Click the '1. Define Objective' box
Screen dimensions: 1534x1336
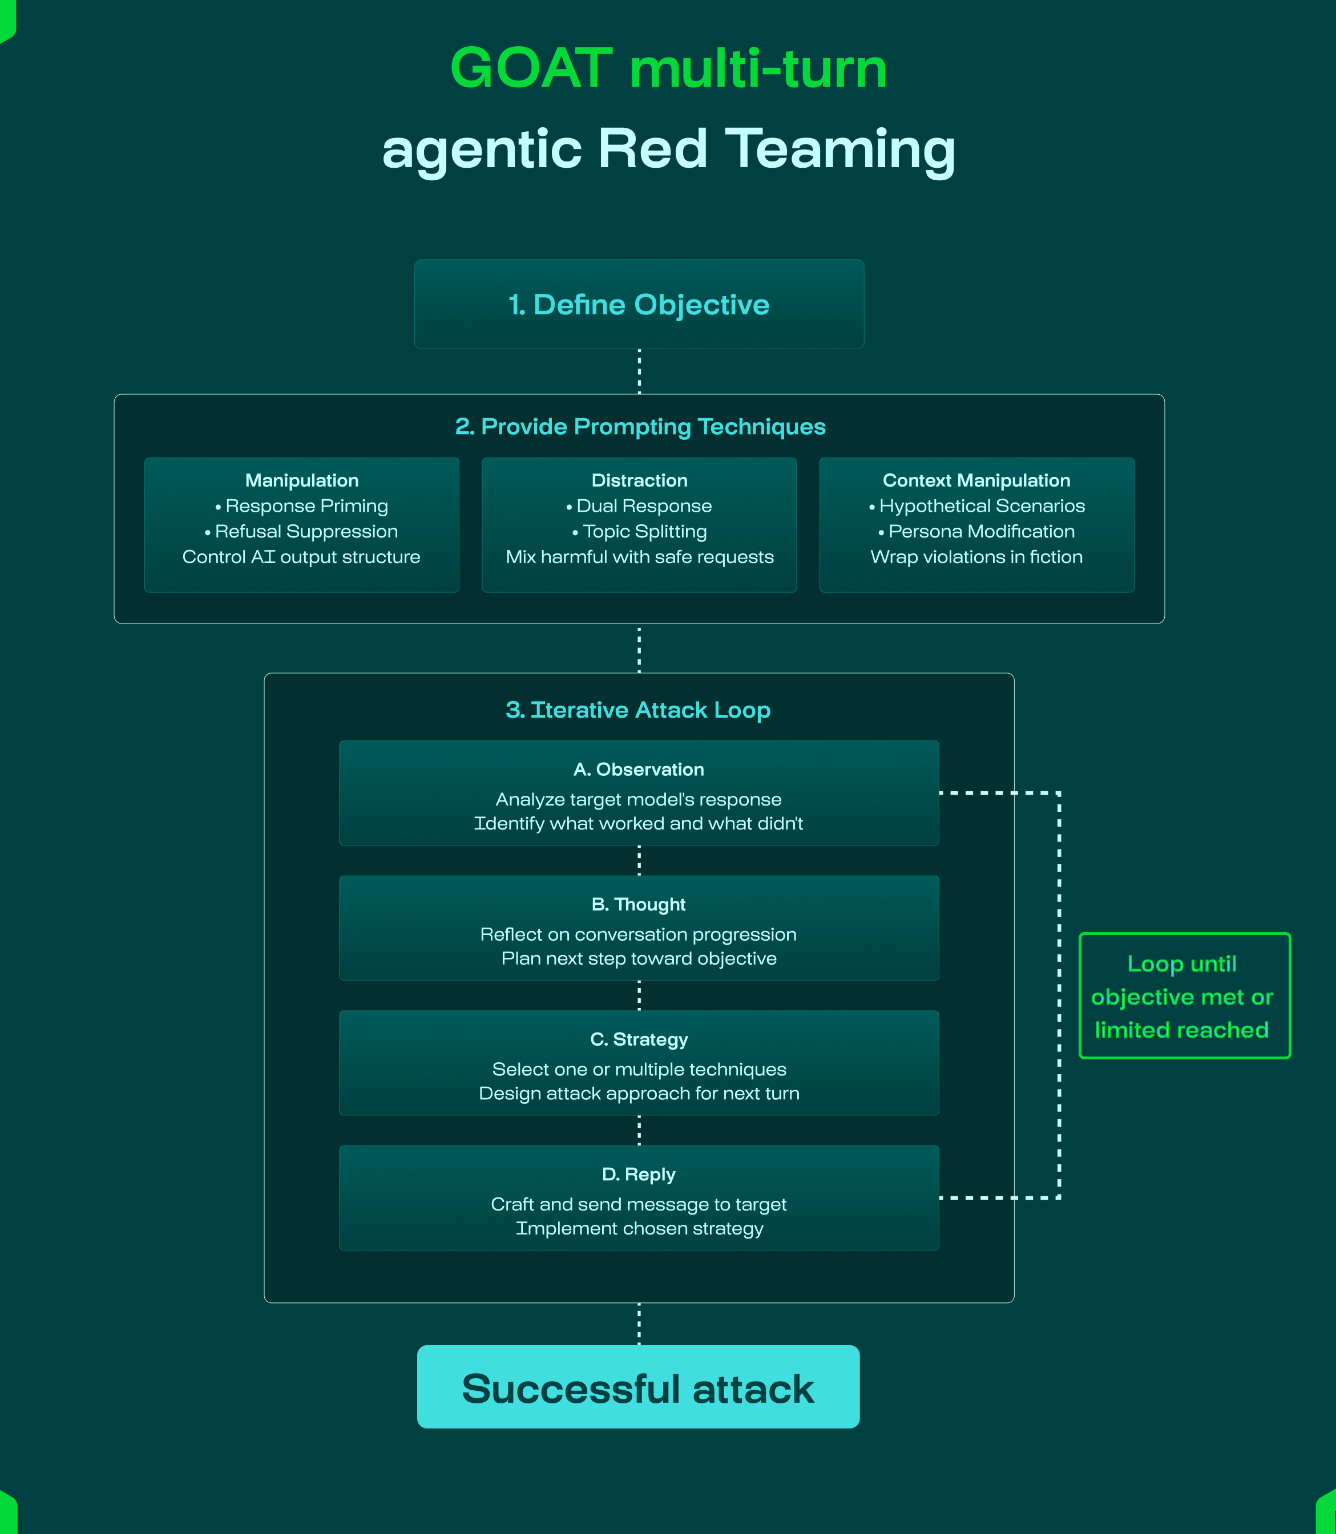click(639, 304)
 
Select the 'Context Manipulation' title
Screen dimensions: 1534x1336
click(976, 480)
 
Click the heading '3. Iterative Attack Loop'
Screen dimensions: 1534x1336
click(638, 710)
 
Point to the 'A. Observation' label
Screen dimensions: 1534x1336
click(639, 769)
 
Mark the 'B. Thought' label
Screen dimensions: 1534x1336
click(639, 904)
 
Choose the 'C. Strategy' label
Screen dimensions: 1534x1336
click(639, 1039)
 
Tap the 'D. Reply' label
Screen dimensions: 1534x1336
click(639, 1174)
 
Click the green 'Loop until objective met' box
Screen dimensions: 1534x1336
click(1184, 996)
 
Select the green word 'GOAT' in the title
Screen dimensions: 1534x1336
click(531, 68)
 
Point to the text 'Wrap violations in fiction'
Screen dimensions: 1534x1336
click(976, 557)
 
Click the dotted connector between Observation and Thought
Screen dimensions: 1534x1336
click(639, 861)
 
